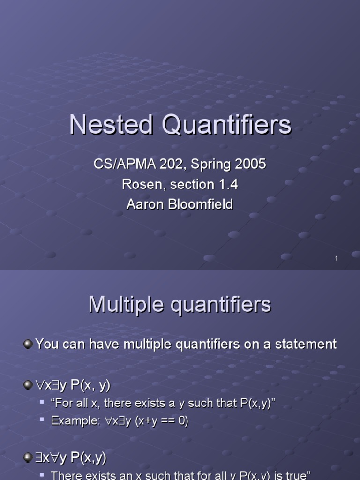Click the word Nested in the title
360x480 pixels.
(x=111, y=126)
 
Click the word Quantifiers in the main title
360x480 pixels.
(x=226, y=126)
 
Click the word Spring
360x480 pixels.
(x=205, y=165)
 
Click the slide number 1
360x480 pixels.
(x=337, y=258)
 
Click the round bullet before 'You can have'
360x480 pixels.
(x=28, y=345)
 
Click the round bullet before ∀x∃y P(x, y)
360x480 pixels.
(x=28, y=385)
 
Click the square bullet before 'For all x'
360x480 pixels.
(x=42, y=403)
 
